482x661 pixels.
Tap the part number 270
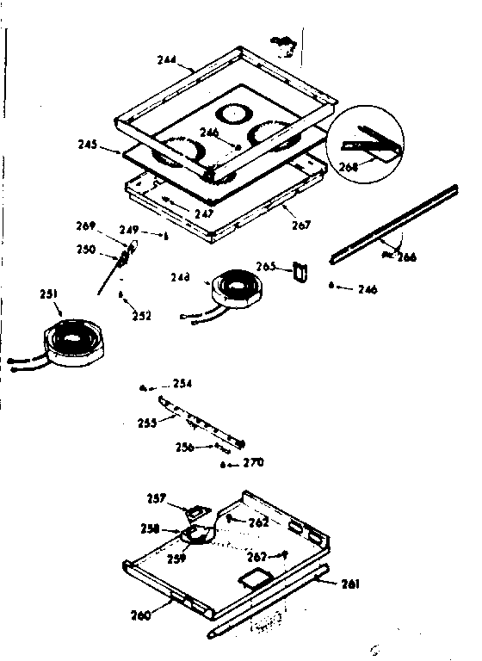click(x=252, y=463)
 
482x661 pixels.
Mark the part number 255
click(x=148, y=423)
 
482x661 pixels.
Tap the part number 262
click(x=259, y=522)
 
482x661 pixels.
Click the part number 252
click(x=141, y=316)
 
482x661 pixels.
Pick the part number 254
click(x=182, y=382)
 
